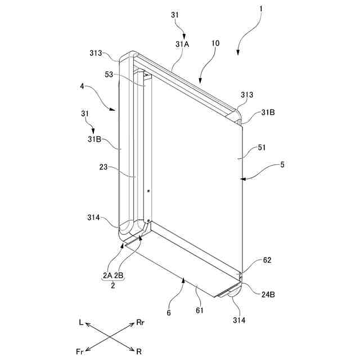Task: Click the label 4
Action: coord(82,87)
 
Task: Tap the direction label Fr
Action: coord(80,352)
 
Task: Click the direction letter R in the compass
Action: coord(139,352)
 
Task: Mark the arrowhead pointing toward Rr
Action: coord(133,326)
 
